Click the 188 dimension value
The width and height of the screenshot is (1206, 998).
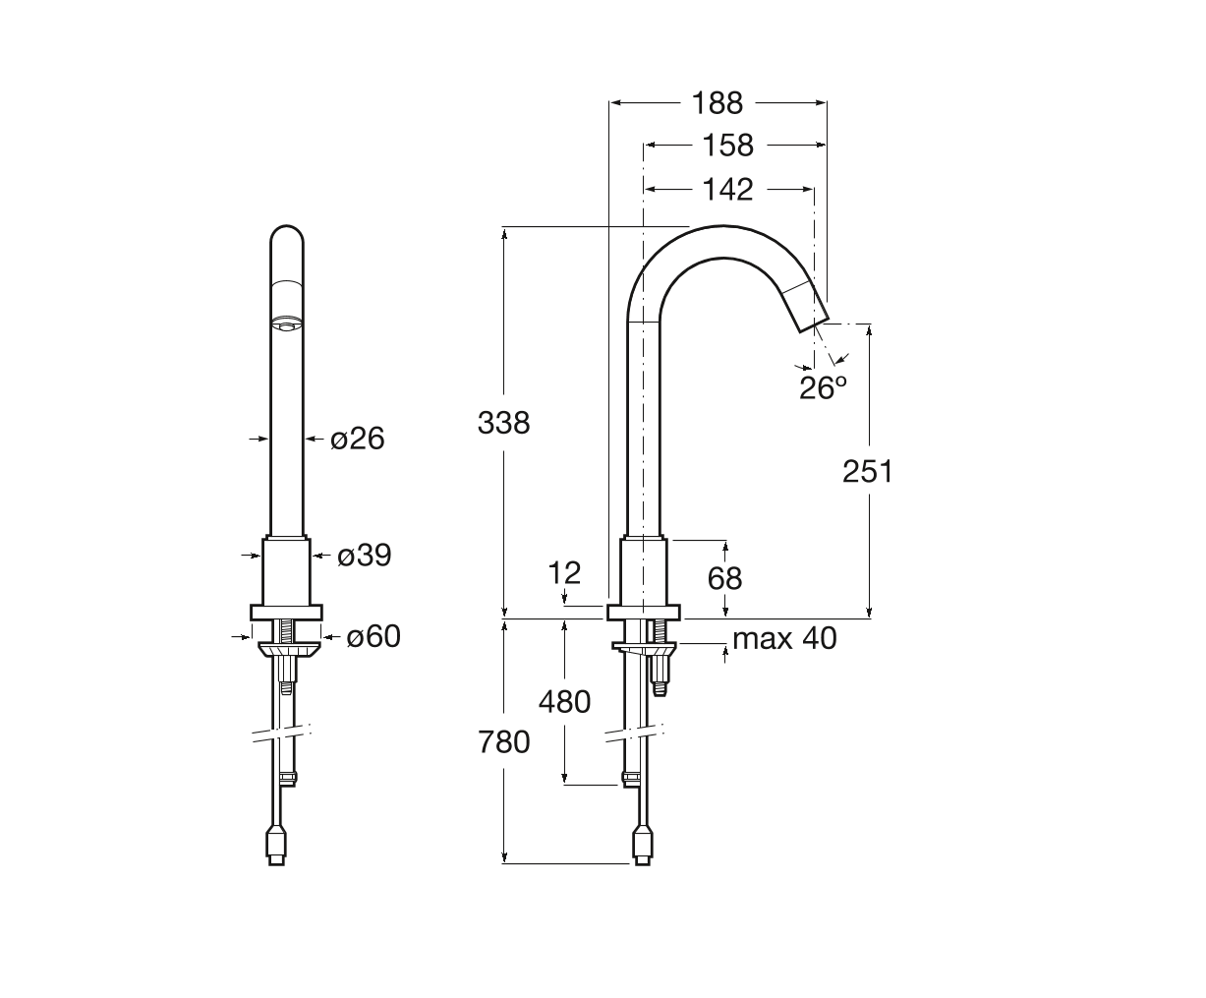(718, 103)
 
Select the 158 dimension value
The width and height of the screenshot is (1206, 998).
(727, 146)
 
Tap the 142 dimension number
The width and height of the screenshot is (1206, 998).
(727, 190)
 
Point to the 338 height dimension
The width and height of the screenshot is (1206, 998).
(503, 423)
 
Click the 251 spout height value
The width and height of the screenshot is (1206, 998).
(868, 471)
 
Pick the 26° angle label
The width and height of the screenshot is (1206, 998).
(823, 387)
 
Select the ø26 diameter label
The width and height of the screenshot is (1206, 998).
(358, 439)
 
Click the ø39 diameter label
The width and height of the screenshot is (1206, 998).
(365, 556)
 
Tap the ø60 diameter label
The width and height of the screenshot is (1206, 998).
(373, 637)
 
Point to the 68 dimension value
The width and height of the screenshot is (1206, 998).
(724, 578)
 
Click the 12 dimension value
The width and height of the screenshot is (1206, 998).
(564, 573)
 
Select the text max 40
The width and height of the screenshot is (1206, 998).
(784, 638)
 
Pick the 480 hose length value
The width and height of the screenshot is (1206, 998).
(564, 702)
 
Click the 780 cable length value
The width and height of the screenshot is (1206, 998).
(503, 742)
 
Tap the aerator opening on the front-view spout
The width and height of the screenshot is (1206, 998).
(286, 324)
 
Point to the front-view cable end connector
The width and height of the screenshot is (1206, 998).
(276, 849)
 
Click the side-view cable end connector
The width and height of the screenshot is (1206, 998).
(643, 849)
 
